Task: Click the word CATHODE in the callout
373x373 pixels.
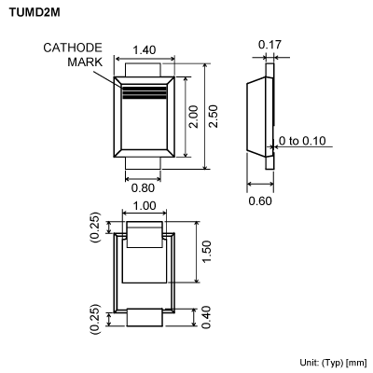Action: tap(73, 48)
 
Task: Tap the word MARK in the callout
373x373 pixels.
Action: tap(85, 62)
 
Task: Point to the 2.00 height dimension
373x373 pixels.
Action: tap(194, 116)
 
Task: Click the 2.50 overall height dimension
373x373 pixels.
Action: tap(214, 116)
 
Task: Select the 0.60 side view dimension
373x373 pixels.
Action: tap(260, 200)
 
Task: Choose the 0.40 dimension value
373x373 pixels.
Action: tap(208, 318)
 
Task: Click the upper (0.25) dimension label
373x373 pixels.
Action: tap(94, 225)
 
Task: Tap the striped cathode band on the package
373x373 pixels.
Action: tap(144, 91)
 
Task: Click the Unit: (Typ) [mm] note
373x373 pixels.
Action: tap(333, 361)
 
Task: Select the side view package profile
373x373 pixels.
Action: tap(261, 116)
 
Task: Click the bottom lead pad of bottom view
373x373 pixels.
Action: tap(144, 318)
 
